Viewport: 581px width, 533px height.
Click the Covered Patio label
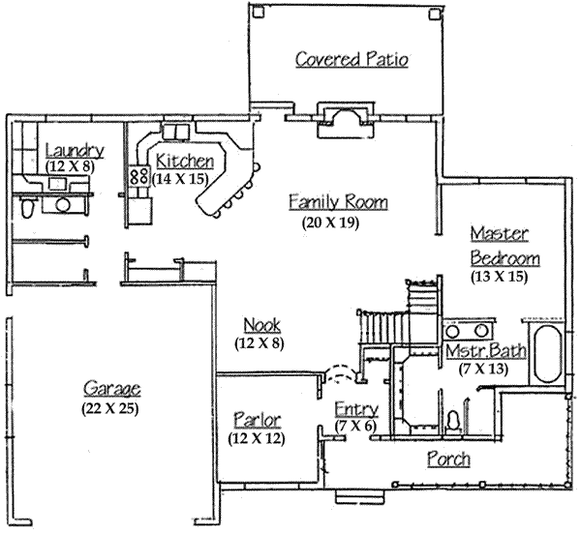[x=352, y=60]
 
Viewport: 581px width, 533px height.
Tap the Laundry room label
[x=74, y=150]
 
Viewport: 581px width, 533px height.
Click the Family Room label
[x=338, y=202]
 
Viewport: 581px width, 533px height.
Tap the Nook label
[x=261, y=324]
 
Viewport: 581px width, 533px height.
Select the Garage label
[x=111, y=389]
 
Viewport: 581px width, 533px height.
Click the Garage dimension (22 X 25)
[x=111, y=408]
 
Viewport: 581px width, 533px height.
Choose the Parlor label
[x=258, y=420]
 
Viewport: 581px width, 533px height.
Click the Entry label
[x=353, y=408]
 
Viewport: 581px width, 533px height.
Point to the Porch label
[x=447, y=459]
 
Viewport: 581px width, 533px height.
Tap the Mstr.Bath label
[x=486, y=350]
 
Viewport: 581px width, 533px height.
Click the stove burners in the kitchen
[x=138, y=177]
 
